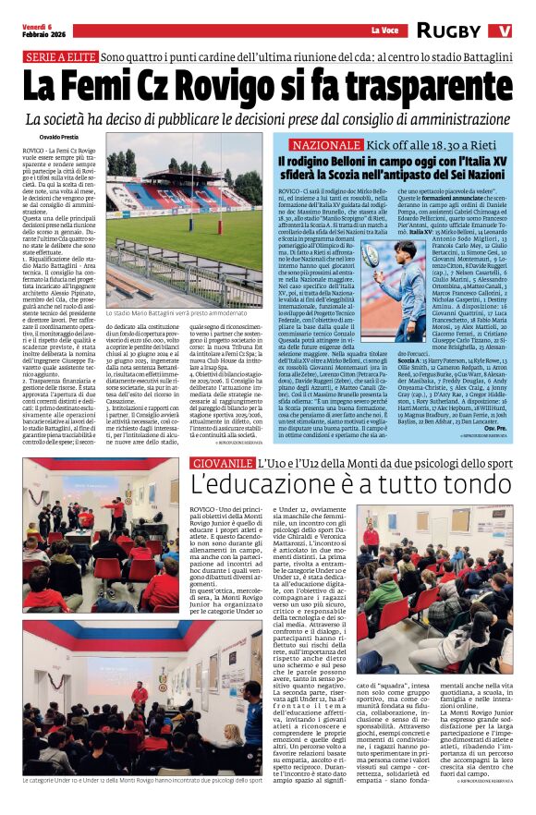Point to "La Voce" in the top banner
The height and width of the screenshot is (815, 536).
[x=384, y=30]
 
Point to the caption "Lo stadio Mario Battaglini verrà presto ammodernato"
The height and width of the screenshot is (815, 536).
[x=183, y=315]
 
